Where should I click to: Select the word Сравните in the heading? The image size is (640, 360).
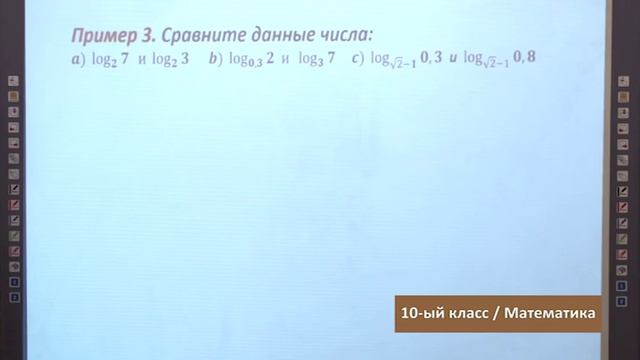196,35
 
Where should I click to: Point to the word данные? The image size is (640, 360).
274,35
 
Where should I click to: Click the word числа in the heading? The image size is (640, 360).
341,35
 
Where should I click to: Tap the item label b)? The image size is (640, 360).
214,59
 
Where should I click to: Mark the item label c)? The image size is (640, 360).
358,59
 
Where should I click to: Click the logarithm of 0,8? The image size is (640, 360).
505,59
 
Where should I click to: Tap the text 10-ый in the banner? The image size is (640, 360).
420,313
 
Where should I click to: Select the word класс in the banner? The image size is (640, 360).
468,313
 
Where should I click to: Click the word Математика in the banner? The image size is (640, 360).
551,313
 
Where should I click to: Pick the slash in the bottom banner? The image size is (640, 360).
497,313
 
